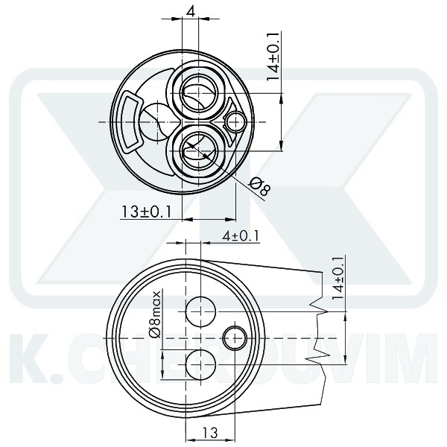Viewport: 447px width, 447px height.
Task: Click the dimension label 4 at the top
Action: (191, 12)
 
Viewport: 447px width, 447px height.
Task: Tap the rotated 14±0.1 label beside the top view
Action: (273, 57)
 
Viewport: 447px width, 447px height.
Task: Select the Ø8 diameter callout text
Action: (260, 186)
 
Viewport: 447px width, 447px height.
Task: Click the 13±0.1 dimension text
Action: (146, 212)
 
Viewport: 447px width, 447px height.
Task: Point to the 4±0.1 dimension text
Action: (241, 236)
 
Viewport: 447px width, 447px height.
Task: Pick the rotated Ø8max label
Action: (155, 314)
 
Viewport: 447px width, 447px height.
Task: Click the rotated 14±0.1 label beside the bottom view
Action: (338, 278)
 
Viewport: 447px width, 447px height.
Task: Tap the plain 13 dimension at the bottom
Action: (210, 432)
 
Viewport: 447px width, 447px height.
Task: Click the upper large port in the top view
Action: (198, 93)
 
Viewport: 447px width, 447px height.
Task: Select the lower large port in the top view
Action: (198, 150)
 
